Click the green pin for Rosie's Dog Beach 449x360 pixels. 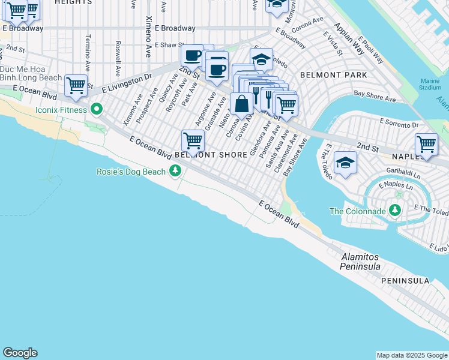[175, 172]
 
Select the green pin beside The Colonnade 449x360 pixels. [395, 211]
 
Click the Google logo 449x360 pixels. [20, 353]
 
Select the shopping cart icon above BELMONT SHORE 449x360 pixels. [193, 140]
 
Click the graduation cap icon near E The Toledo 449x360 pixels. [345, 163]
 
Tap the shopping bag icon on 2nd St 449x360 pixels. [241, 103]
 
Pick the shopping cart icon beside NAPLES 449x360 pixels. [426, 144]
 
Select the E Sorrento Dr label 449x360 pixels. [399, 121]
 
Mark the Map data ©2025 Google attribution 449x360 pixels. [412, 355]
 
